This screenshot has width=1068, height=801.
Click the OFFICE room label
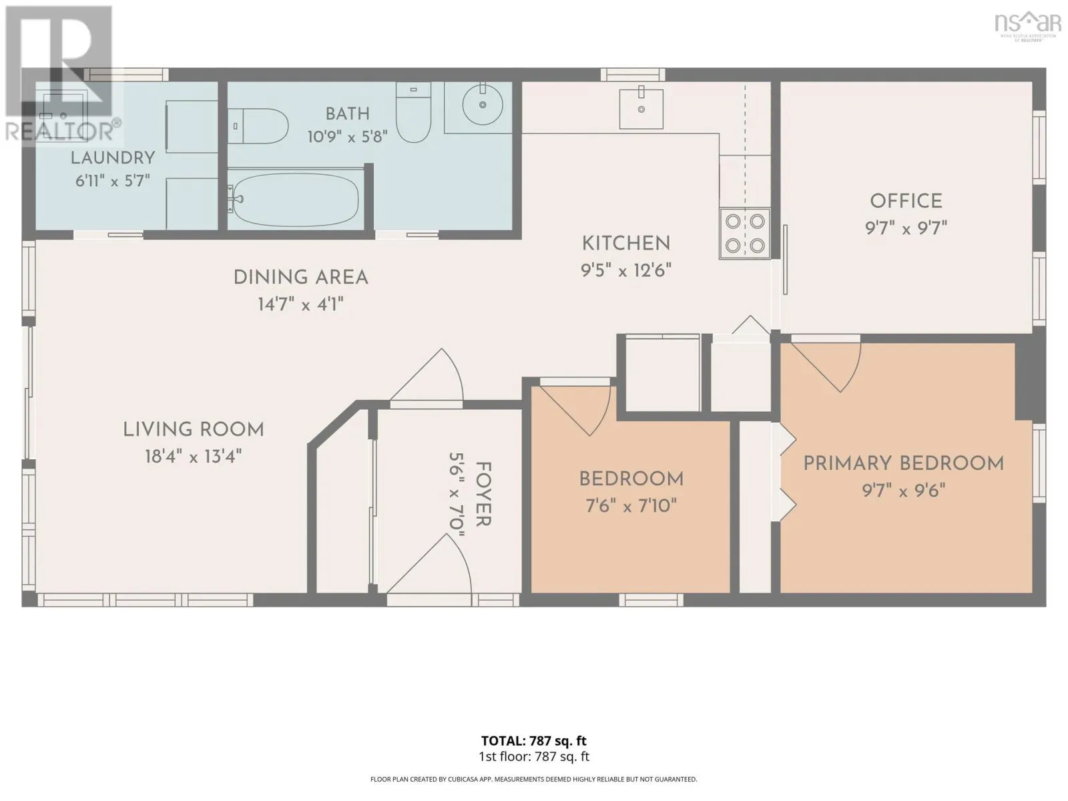coord(906,202)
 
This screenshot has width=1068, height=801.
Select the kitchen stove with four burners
coord(745,234)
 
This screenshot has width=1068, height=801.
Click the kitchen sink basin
coord(641,108)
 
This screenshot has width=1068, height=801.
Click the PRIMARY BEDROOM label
coord(904,463)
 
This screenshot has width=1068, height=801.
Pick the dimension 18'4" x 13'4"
coord(193,457)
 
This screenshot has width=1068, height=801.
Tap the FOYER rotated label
coord(483,494)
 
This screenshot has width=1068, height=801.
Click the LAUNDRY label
coord(113,158)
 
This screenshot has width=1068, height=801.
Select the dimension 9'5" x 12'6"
coord(625,270)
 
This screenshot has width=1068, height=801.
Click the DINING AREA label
coord(300,278)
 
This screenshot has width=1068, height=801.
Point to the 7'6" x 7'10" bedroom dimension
coord(631,506)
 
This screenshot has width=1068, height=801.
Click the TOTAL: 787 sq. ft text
coord(534,741)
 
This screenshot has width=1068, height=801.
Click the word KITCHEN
coord(626,244)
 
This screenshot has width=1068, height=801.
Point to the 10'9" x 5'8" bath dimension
coord(347,137)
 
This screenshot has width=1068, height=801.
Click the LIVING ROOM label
coord(193,430)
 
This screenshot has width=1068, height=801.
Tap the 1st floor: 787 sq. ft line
coord(534,757)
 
